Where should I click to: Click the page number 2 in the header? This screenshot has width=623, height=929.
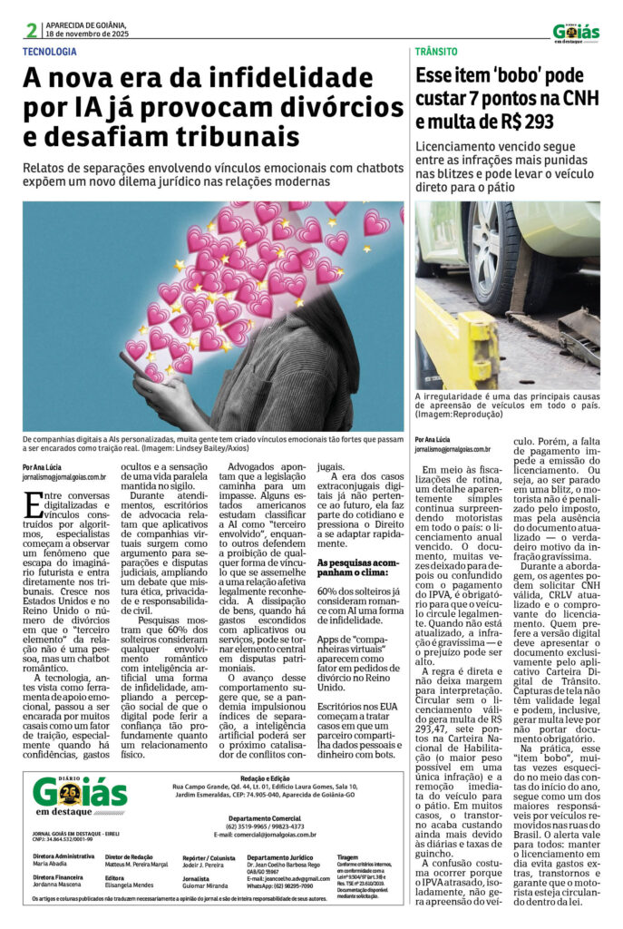coord(31,30)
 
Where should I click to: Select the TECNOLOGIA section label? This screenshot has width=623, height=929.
coord(50,52)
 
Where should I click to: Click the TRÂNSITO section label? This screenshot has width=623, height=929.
coord(436,52)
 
